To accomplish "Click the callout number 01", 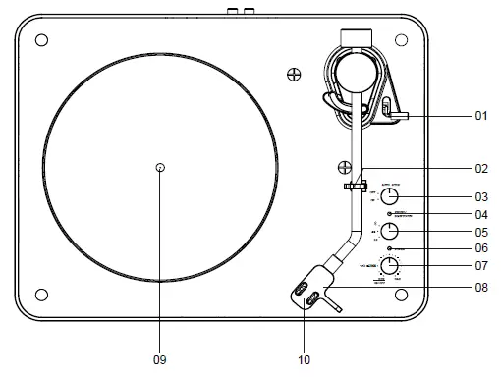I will pos(481,116).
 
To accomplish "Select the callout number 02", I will pos(481,168).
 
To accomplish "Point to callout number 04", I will pos(481,214).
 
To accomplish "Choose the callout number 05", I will pos(481,233).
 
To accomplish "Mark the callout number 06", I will pos(481,249).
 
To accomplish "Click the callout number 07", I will pos(481,266).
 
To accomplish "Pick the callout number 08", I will pos(481,288).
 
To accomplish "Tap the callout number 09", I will pos(160,360).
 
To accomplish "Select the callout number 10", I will pos(305,360).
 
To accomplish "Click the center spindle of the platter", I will pos(160,168).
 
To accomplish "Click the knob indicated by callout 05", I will pos(389,232).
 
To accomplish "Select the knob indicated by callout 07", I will pos(390,266).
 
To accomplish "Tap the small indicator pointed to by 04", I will pos(390,214).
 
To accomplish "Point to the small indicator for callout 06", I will pos(390,250).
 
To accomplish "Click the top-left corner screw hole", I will pos(41,41).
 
